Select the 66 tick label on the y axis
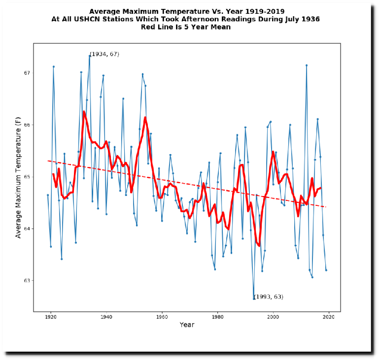pyautogui.click(x=27, y=125)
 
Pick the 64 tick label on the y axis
pyautogui.click(x=27, y=229)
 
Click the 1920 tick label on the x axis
pyautogui.click(x=50, y=318)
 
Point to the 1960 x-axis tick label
pyautogui.click(x=162, y=318)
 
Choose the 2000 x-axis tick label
pyautogui.click(x=273, y=318)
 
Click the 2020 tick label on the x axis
pyautogui.click(x=328, y=318)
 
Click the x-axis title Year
pyautogui.click(x=187, y=325)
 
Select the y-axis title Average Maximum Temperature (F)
pyautogui.click(x=18, y=180)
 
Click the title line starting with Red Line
pyautogui.click(x=186, y=27)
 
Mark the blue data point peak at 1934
pyautogui.click(x=89, y=56)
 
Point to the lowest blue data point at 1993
pyautogui.click(x=254, y=298)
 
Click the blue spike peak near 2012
pyautogui.click(x=307, y=65)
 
